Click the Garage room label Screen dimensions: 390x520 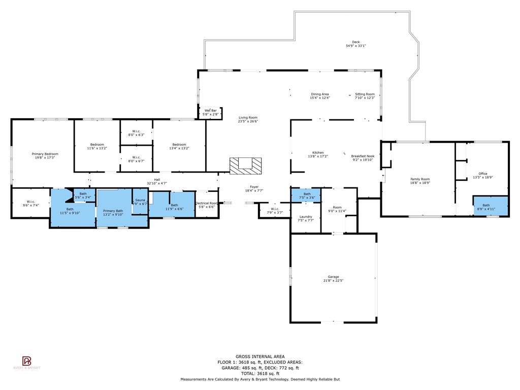click(333, 277)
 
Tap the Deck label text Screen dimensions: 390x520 click(355, 42)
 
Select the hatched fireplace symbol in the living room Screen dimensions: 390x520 click(246, 166)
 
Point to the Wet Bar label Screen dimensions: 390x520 click(211, 110)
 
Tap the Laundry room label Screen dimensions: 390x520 click(305, 217)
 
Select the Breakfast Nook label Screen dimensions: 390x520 click(362, 156)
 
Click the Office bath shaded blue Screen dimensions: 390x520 click(490, 207)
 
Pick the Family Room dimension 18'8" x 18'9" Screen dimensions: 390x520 click(420, 183)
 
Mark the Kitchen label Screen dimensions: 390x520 click(318, 153)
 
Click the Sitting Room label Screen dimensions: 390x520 click(365, 94)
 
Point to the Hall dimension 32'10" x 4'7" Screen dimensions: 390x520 click(157, 183)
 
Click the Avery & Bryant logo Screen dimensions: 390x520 click(26, 363)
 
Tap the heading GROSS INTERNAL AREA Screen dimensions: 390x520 click(260, 356)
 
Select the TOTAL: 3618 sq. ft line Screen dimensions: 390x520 click(260, 373)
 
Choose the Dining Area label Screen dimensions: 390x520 click(320, 94)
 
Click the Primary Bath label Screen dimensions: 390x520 click(113, 211)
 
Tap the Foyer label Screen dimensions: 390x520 click(254, 187)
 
